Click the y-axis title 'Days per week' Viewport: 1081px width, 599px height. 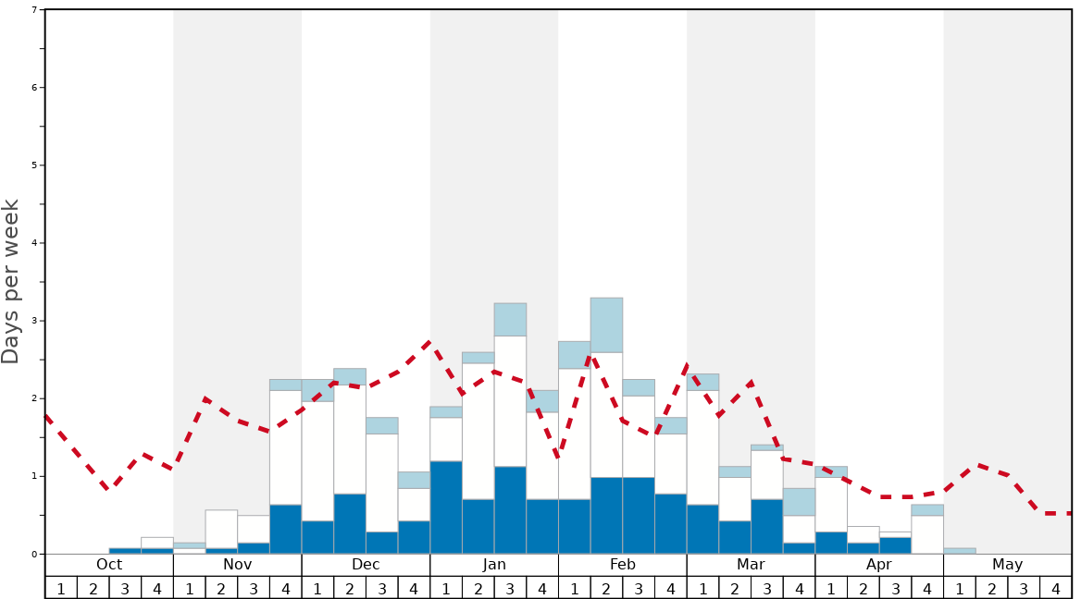click(x=11, y=282)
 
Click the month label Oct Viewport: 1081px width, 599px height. click(x=109, y=565)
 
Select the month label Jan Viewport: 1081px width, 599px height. click(x=494, y=565)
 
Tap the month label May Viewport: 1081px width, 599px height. click(x=1008, y=565)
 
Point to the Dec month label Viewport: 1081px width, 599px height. click(x=366, y=565)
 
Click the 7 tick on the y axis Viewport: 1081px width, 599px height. click(x=34, y=10)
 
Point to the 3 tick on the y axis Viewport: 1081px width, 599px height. click(x=34, y=321)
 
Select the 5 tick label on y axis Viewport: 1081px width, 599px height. click(x=34, y=165)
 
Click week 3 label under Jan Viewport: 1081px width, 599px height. click(x=510, y=588)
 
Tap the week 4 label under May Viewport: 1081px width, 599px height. click(x=1056, y=588)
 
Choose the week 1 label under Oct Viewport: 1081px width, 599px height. click(x=61, y=588)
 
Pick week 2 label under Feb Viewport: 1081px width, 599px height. click(x=606, y=588)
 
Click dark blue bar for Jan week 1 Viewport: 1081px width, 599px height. click(x=446, y=507)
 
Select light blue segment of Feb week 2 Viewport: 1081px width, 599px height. click(x=606, y=324)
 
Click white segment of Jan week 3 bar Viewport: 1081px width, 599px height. click(x=510, y=401)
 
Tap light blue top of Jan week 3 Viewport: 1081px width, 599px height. click(x=510, y=319)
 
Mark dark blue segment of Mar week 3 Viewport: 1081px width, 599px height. click(x=767, y=526)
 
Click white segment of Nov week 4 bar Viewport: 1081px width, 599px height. click(x=285, y=447)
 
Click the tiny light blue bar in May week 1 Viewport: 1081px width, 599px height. click(x=960, y=551)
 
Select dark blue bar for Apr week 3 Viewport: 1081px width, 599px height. click(x=895, y=545)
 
